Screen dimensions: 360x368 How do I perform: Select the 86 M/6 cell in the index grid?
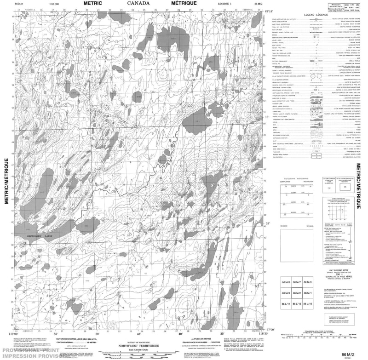(x=285, y=282)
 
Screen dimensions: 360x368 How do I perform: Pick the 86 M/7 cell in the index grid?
(x=297, y=282)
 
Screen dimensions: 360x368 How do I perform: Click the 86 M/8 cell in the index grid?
(x=308, y=282)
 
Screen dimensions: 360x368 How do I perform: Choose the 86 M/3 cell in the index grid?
(x=285, y=293)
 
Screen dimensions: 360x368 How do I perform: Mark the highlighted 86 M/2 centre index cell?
(x=297, y=293)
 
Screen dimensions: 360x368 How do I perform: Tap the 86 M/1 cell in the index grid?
(x=308, y=293)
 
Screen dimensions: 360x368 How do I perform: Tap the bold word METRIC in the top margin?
(x=92, y=3)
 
